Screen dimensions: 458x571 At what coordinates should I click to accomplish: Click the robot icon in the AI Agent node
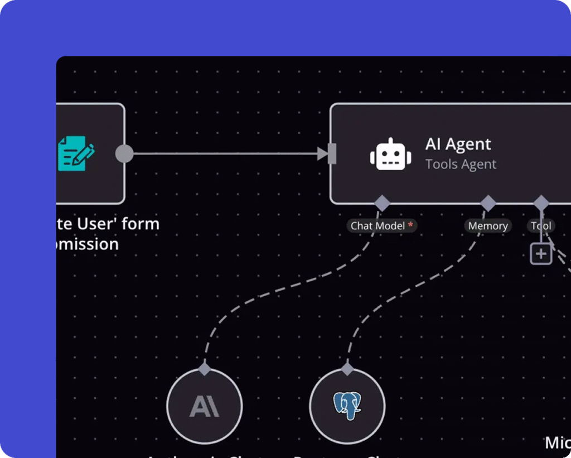pos(390,155)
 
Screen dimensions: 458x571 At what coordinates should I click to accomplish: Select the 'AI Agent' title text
pos(458,144)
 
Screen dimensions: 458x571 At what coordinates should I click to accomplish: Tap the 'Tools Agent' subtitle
pos(461,165)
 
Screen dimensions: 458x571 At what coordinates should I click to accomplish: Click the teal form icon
pos(76,153)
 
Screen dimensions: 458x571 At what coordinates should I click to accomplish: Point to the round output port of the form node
pos(124,153)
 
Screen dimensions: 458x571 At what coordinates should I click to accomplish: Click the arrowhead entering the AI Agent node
pos(322,153)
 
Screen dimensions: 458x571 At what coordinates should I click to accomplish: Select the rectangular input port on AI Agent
pos(332,153)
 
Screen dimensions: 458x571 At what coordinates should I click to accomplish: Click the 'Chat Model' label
pos(378,226)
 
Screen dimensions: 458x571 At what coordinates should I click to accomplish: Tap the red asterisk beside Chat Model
pos(411,224)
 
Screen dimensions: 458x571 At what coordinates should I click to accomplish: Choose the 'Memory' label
pos(488,226)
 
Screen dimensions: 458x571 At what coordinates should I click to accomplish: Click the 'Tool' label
pos(541,226)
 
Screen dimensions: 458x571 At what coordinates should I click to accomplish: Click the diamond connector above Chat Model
pos(382,203)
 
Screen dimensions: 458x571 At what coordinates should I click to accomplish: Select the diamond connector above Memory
pos(488,203)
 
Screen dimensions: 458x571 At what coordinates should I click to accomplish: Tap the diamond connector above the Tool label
pos(541,203)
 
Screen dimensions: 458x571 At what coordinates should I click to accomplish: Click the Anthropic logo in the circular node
pos(204,406)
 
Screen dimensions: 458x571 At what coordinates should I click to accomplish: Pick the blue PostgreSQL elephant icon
pos(347,406)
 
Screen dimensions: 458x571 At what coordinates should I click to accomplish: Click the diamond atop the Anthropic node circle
pos(205,369)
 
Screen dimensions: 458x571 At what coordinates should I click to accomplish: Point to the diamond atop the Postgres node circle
pos(347,369)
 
